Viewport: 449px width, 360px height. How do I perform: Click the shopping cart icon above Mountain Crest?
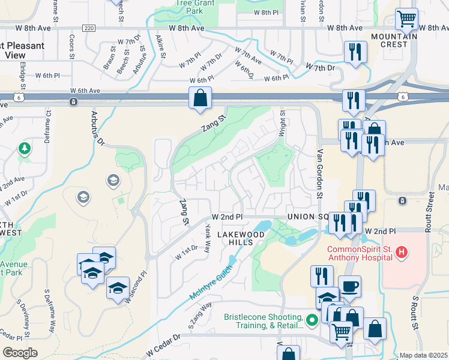click(407, 20)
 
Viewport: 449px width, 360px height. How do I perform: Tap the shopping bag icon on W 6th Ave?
click(200, 98)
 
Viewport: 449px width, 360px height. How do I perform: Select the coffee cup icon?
click(349, 286)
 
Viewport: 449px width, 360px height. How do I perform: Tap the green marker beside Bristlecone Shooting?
click(311, 321)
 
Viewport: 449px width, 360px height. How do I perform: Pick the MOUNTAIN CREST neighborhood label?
click(394, 37)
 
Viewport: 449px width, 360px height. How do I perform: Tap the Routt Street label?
click(430, 211)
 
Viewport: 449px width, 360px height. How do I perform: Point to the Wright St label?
click(282, 123)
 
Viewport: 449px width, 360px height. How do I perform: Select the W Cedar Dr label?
click(163, 346)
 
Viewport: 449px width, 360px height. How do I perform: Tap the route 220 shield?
click(89, 28)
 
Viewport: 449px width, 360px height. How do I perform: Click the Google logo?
click(20, 352)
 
